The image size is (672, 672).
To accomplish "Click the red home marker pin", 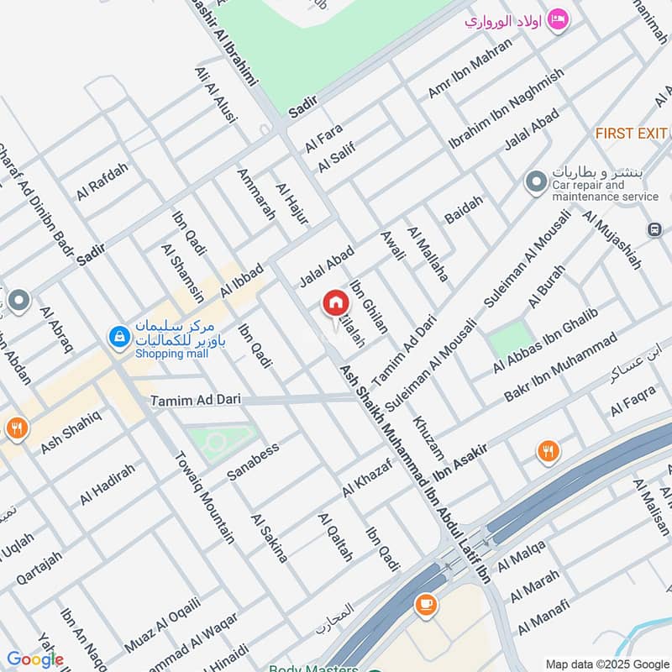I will [334, 304].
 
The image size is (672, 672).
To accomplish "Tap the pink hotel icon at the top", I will [556, 18].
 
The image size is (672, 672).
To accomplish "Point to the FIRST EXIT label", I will [631, 134].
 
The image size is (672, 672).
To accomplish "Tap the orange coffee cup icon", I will [425, 603].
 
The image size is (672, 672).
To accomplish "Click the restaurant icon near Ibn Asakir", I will [548, 452].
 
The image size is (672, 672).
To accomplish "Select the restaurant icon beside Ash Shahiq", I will [14, 428].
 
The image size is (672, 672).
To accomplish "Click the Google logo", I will [35, 659].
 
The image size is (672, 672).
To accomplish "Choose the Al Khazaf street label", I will [367, 477].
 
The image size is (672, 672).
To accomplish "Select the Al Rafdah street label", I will [102, 181].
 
